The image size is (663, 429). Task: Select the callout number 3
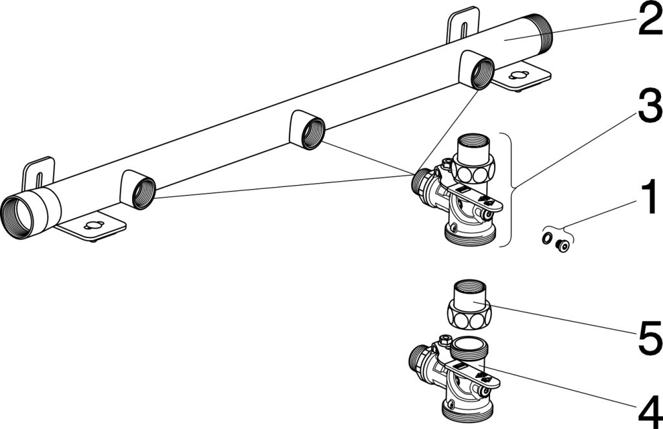click(650, 106)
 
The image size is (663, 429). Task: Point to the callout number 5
click(650, 337)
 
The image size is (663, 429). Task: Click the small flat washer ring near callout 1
click(546, 238)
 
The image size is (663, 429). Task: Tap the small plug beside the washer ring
click(562, 246)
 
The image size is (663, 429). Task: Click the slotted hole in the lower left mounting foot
click(93, 225)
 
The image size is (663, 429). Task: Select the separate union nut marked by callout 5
click(469, 304)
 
